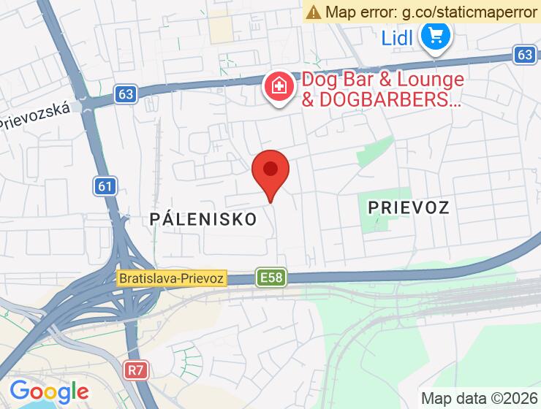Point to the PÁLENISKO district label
(x=203, y=218)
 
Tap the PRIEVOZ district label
(x=409, y=207)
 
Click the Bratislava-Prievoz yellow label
(x=173, y=278)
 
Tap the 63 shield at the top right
(x=523, y=55)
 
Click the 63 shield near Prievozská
(x=125, y=93)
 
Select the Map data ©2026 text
(x=478, y=398)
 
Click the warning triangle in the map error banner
(x=314, y=12)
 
